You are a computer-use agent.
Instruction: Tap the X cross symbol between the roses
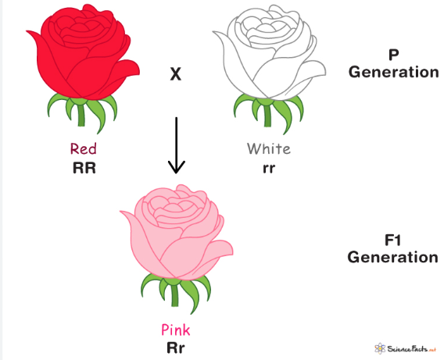[x=176, y=74]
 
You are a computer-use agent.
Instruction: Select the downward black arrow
[x=177, y=144]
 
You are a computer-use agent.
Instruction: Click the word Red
[x=84, y=148]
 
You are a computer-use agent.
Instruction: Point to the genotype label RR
[x=83, y=167]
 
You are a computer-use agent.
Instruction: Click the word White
[x=268, y=148]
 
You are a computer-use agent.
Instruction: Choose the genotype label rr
[x=268, y=167]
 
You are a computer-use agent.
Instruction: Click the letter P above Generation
[x=393, y=56]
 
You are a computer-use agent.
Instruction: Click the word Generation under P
[x=393, y=72]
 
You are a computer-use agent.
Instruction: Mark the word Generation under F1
[x=393, y=256]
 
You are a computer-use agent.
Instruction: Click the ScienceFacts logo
[x=405, y=348]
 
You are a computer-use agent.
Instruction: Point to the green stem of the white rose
[x=269, y=116]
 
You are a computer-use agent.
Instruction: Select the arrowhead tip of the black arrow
[x=177, y=171]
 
